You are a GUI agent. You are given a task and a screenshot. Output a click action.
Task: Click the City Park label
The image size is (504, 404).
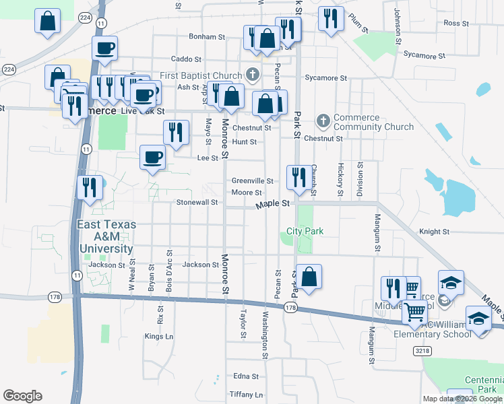305,231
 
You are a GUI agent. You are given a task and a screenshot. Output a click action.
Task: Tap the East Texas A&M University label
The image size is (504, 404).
106,236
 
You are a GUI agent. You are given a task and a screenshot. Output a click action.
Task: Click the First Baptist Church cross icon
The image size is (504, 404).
253,74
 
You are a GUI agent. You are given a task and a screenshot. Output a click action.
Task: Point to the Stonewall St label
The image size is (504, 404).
197,202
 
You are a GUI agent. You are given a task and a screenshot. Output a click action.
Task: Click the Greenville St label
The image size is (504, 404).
252,181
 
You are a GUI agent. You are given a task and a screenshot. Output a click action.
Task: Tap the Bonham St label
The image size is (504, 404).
206,36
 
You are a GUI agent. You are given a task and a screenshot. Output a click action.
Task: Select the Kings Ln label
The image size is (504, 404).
159,336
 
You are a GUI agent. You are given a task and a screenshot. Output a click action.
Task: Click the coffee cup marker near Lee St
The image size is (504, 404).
152,158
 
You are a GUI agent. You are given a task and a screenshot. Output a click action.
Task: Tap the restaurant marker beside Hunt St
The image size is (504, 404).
176,133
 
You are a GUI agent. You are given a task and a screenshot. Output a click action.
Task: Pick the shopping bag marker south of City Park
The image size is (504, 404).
309,277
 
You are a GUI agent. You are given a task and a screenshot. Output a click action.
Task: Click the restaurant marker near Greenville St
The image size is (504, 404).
298,178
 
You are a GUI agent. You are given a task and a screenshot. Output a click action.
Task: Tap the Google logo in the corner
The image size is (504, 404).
23,395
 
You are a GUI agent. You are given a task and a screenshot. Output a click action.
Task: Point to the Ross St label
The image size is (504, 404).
456,23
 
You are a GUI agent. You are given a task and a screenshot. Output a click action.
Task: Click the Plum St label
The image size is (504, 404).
358,30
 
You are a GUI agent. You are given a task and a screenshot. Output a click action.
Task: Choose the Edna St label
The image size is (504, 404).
245,376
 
